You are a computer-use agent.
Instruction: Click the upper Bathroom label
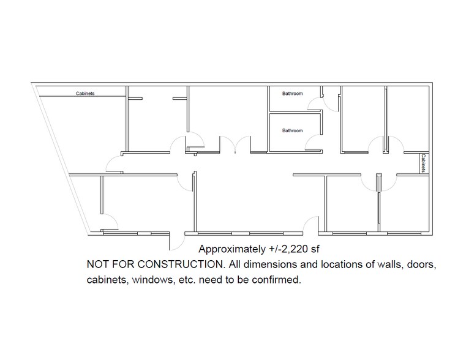(292, 94)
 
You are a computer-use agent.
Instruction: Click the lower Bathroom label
(292, 130)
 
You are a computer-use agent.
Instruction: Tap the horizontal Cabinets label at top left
(85, 94)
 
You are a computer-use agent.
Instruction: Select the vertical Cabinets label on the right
(423, 163)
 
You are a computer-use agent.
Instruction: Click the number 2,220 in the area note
(291, 249)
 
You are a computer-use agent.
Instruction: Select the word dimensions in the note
(260, 265)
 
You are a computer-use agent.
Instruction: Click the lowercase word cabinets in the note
(105, 281)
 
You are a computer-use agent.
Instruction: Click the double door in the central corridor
(234, 144)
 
